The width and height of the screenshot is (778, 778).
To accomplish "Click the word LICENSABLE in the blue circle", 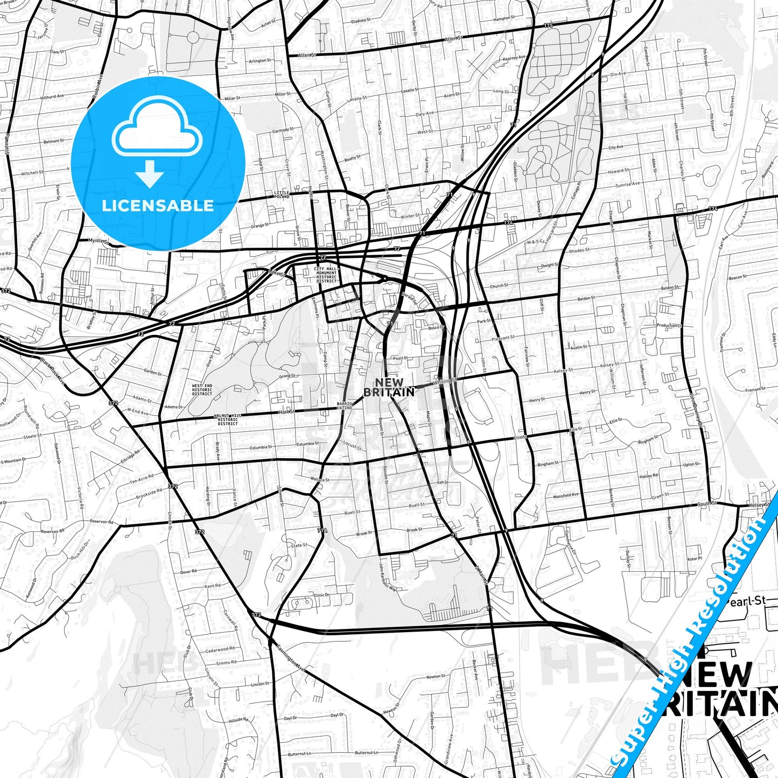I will click(x=157, y=206).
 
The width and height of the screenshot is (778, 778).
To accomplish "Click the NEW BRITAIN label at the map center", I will click(x=389, y=388).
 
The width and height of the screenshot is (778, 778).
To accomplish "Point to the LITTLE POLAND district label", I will click(x=282, y=194).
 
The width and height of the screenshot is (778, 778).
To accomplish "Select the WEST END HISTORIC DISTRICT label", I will click(x=202, y=390).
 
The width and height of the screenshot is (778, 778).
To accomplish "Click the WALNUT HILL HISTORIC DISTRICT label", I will click(x=228, y=419).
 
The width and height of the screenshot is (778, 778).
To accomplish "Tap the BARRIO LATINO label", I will click(x=345, y=405).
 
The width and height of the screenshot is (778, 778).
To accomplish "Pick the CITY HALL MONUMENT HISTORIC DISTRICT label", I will click(x=326, y=275).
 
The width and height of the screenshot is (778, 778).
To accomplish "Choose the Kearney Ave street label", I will click(x=514, y=58).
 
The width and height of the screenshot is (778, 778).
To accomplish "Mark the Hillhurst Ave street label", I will click(x=52, y=97).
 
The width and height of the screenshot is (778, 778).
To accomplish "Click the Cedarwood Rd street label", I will click(x=220, y=650).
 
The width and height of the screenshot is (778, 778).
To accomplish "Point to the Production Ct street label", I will click(x=669, y=326).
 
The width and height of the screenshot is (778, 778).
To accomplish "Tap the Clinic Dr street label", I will click(x=321, y=595).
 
